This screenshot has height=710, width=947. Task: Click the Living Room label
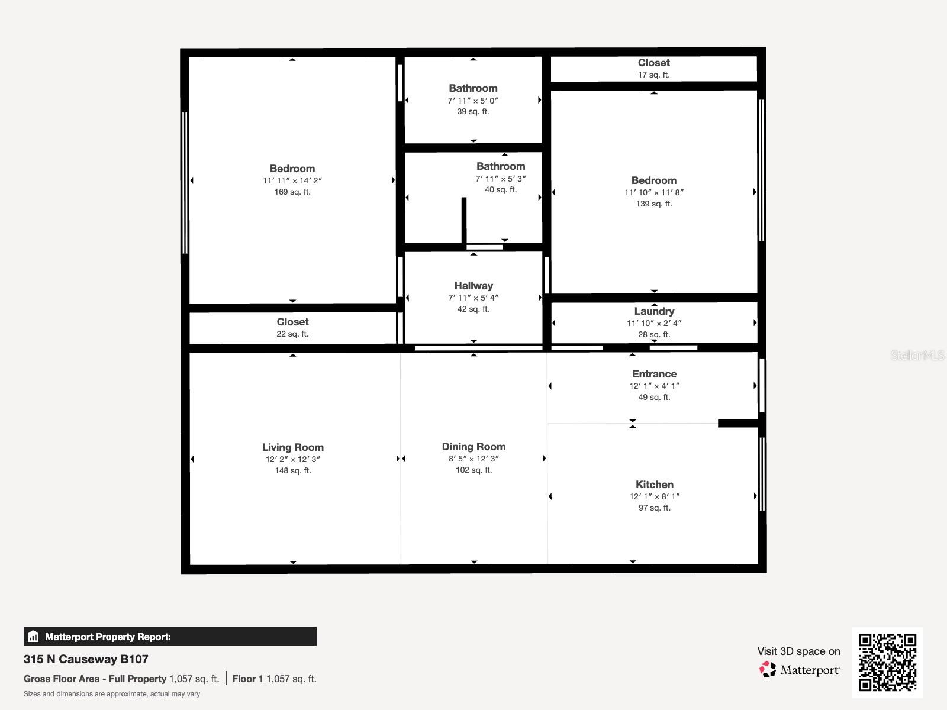pos(292,447)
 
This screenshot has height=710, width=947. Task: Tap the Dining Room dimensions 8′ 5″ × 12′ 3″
pos(474,459)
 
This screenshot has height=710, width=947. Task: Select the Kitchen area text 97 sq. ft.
pos(654,508)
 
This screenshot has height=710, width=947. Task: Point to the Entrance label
pos(654,374)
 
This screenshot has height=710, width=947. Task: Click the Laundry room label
pos(654,311)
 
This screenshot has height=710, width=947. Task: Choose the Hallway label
pos(474,286)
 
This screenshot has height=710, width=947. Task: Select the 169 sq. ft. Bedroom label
pos(292,169)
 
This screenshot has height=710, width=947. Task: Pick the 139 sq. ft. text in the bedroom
pos(654,204)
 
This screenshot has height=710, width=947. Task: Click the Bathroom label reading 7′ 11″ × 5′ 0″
pos(473,88)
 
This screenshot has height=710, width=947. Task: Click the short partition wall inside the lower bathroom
pos(464,220)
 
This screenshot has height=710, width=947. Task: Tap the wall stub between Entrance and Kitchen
pos(737,423)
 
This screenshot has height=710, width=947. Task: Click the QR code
pos(887,662)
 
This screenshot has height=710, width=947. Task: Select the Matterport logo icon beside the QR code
pos(768,670)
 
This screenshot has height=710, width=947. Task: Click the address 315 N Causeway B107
pos(86,659)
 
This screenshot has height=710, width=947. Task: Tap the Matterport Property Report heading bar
pos(170,637)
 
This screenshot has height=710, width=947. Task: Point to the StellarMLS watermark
pos(918,356)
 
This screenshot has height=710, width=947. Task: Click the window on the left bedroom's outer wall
pos(185,183)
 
